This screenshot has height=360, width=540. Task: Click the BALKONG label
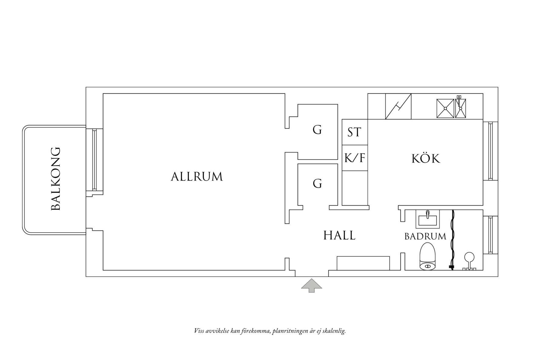56,179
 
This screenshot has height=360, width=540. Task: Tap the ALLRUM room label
197,177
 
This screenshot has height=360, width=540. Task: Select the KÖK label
426,159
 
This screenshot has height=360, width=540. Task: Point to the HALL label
339,236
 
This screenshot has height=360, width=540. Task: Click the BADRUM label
425,237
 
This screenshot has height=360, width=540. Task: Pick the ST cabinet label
354,132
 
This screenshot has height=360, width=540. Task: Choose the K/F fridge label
355,158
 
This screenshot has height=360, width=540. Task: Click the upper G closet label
317,130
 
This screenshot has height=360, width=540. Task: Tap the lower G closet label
317,183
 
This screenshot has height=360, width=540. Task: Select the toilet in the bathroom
427,257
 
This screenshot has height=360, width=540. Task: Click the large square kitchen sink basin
445,108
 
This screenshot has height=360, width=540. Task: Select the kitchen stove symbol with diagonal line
398,106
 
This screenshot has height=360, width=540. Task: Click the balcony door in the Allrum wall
94,160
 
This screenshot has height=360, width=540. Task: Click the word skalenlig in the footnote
336,331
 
